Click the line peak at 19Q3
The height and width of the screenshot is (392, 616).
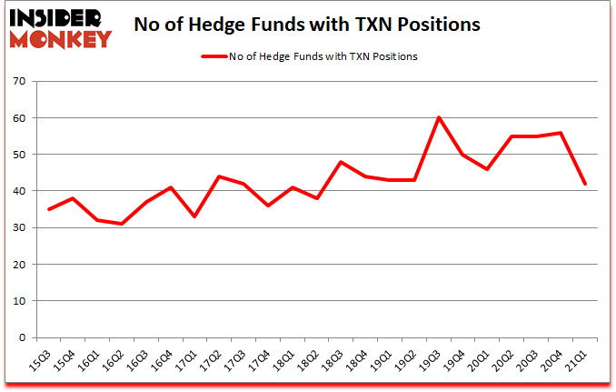tap(438, 117)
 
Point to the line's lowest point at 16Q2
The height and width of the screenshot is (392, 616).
tap(121, 224)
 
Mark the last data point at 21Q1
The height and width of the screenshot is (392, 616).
tap(584, 184)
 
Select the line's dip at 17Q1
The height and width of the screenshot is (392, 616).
tap(194, 216)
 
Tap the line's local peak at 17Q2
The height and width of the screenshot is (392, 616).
tap(219, 176)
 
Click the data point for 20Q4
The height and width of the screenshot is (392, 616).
tap(560, 133)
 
